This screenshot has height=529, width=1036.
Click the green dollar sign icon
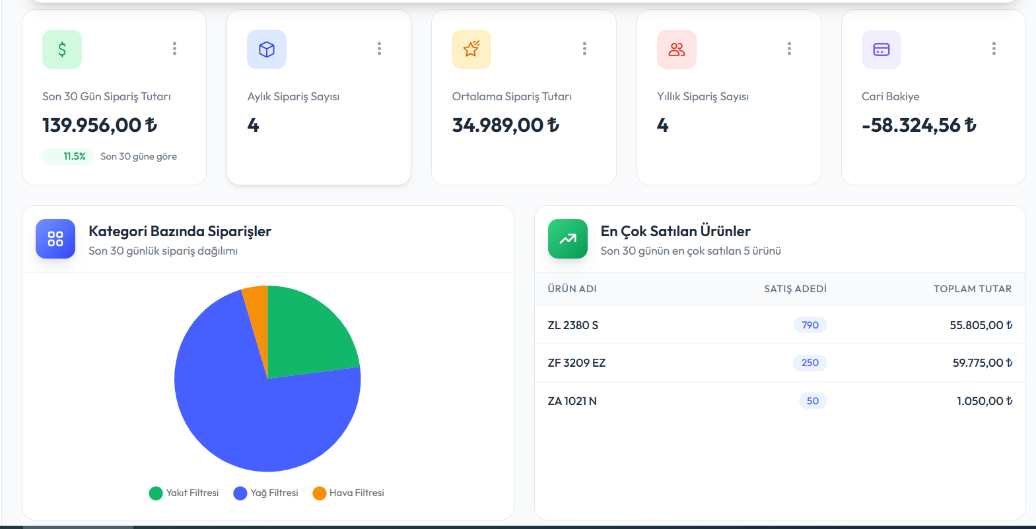coord(62,49)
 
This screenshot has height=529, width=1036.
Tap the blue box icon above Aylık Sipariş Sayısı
coord(267,49)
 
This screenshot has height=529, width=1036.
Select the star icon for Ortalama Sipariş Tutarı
coord(471,49)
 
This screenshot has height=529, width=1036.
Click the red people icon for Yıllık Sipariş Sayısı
coord(677,49)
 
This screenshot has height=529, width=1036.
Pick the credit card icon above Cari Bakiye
coord(881,49)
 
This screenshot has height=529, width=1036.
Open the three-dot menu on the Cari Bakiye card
coord(994,49)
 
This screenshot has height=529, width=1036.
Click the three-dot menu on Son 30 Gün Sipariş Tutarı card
coord(174,49)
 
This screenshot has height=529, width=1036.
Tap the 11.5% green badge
coord(68,156)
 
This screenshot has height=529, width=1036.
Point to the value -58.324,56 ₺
coord(919,125)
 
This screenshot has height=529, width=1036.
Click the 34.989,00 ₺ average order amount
coord(506,125)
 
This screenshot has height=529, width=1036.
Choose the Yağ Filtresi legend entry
coord(266,493)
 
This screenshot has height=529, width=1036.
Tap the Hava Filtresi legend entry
coord(348,493)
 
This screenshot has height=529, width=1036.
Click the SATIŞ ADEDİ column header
coord(795,289)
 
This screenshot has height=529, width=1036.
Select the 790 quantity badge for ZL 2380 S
coord(810,325)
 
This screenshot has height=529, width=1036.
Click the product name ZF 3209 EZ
coord(576,363)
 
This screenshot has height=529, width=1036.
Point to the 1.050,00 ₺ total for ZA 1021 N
coord(984,401)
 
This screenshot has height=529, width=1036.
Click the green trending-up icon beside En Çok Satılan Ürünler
coord(568,239)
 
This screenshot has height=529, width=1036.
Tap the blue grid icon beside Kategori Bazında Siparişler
coord(55,239)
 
